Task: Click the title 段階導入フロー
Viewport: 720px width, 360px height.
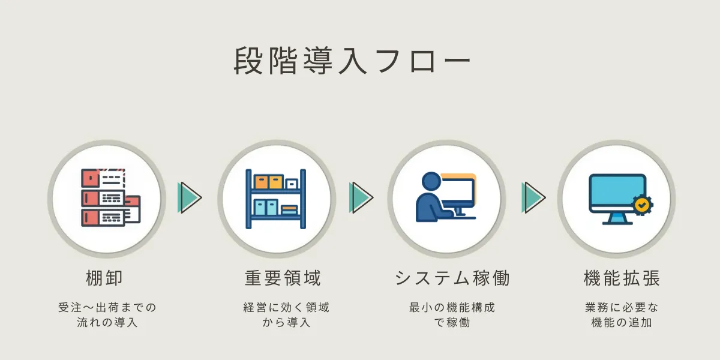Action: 352,61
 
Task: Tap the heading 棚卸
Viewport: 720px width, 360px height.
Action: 104,278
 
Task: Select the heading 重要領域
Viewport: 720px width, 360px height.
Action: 283,278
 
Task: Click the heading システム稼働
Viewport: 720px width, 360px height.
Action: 452,278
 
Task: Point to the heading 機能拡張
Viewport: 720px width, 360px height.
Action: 622,278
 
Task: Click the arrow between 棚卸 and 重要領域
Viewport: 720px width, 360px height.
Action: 190,197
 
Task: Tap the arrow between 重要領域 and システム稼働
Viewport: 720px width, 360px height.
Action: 361,197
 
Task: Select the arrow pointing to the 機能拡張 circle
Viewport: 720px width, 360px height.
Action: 533,197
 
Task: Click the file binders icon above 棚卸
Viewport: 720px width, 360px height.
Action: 111,197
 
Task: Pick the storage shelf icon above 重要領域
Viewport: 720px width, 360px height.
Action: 276,199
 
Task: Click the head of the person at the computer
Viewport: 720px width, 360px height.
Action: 431,182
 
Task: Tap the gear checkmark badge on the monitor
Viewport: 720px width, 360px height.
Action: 643,205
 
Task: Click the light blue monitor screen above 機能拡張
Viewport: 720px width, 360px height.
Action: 617,191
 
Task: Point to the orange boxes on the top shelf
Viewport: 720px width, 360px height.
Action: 269,182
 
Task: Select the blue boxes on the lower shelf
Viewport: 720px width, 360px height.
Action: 266,208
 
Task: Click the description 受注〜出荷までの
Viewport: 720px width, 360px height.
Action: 107,308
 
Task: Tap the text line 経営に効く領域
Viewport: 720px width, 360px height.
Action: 286,308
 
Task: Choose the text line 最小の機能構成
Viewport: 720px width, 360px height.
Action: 452,308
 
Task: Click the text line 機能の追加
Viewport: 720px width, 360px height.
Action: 622,322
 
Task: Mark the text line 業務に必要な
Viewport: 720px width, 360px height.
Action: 622,308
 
